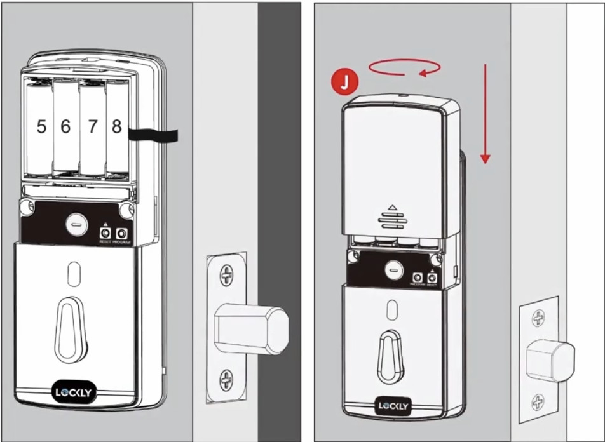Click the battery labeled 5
coord(41,127)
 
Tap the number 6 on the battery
coord(65,127)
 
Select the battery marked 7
coord(92,127)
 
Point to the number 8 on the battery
coord(116,126)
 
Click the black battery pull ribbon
coord(153,135)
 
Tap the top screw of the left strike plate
coord(226,275)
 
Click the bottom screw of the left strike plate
coord(226,380)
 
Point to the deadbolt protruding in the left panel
coord(251,328)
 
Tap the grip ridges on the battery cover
coord(391,219)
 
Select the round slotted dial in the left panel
coord(75,224)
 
